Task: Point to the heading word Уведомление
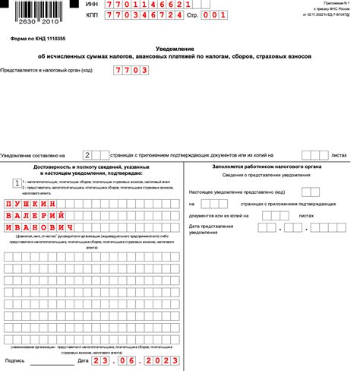[x=180, y=48]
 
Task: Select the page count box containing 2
[x=88, y=154]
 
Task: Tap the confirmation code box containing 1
[x=17, y=182]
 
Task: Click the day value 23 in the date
[x=103, y=360]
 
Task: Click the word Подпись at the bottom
[x=15, y=360]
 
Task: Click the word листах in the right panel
[x=307, y=215]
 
